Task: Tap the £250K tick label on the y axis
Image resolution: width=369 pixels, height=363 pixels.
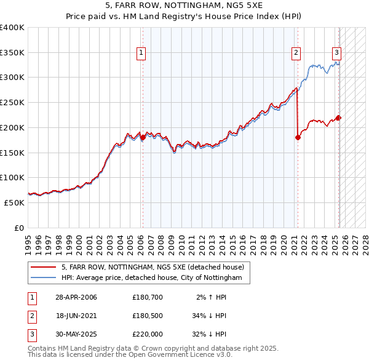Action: pyautogui.click(x=12, y=102)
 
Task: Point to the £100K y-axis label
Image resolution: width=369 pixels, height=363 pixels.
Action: pyautogui.click(x=12, y=177)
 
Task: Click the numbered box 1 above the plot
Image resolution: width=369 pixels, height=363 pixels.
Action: pyautogui.click(x=141, y=53)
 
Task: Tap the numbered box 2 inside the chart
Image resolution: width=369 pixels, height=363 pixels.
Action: pyautogui.click(x=296, y=53)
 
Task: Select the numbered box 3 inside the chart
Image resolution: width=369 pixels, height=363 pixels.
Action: pyautogui.click(x=337, y=53)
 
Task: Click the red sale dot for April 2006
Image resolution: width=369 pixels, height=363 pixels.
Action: pyautogui.click(x=143, y=137)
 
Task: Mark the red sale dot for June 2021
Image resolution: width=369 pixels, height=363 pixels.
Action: pyautogui.click(x=298, y=137)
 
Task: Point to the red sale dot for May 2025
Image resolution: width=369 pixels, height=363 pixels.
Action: pyautogui.click(x=338, y=118)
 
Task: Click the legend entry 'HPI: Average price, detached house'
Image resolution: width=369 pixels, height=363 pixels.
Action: pyautogui.click(x=156, y=278)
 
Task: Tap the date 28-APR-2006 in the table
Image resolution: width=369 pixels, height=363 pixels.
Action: pyautogui.click(x=76, y=297)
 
